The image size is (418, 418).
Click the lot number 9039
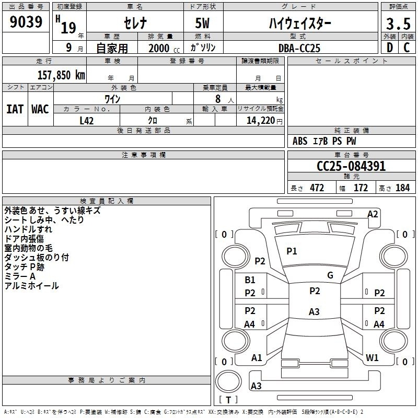pos(26,21)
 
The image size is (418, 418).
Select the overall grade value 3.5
pos(398,24)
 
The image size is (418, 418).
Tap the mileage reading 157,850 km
pos(61,75)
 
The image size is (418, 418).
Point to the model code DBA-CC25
pos(299,48)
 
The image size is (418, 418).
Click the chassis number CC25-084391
pos(351,166)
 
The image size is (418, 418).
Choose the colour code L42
pos(87,121)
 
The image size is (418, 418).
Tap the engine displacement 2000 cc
pos(164,48)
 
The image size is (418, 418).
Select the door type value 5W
pos(202,23)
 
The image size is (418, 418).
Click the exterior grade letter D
pos(390,48)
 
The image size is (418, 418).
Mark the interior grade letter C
pos(407,48)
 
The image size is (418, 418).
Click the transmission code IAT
pos(15,109)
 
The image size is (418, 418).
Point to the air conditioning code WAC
pos(40,109)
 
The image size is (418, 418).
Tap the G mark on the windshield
pos(330,275)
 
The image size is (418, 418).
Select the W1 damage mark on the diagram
pos(372,357)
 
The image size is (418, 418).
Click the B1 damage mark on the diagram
pos(250,280)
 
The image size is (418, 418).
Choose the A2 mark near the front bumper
pos(373,214)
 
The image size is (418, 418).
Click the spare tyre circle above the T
pos(228,381)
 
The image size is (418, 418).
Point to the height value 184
pos(402,188)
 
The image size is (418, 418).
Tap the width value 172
pos(361,188)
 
